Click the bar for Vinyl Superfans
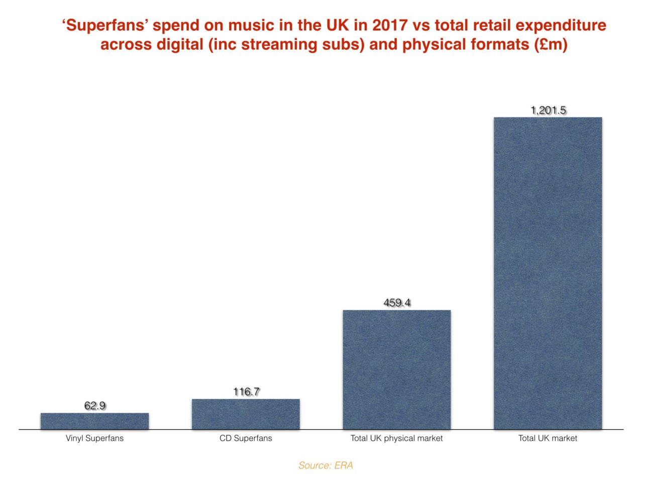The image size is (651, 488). [94, 421]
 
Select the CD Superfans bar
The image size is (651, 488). [246, 414]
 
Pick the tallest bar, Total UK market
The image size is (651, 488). [548, 273]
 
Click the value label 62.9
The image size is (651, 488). [95, 406]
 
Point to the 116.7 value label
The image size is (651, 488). [246, 392]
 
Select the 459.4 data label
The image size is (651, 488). [397, 303]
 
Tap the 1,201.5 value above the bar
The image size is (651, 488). [548, 110]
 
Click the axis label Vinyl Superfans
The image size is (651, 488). [94, 438]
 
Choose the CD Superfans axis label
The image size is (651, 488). [246, 438]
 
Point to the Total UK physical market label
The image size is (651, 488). [397, 438]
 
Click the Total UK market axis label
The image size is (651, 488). [548, 438]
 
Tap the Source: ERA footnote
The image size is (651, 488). [325, 465]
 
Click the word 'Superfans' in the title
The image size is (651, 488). [104, 25]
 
